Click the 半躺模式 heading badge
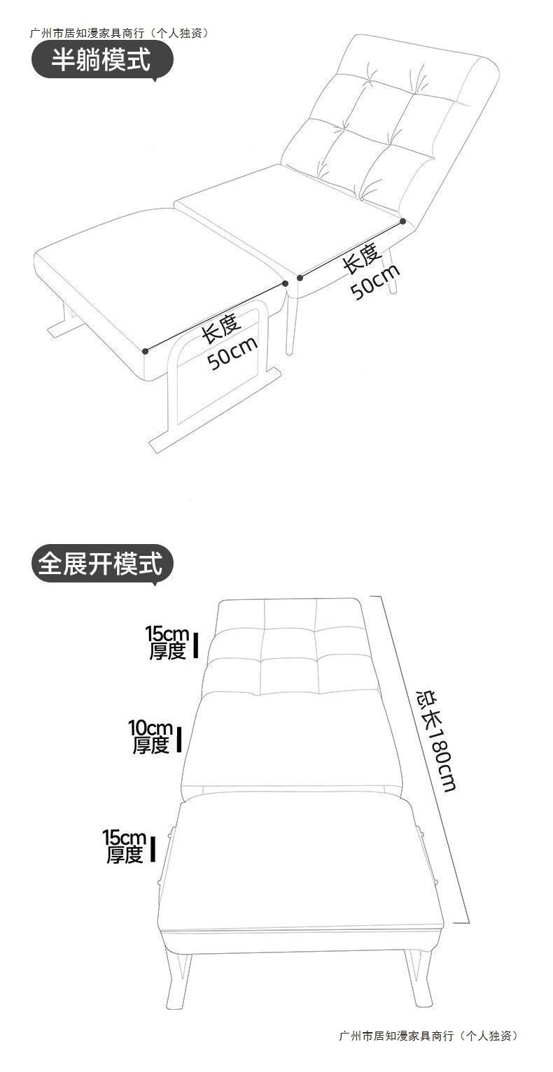pyautogui.click(x=101, y=60)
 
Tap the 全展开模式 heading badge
pyautogui.click(x=102, y=564)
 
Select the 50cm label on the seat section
pyautogui.click(x=375, y=282)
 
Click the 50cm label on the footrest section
pyautogui.click(x=233, y=353)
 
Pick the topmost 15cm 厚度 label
pyautogui.click(x=167, y=643)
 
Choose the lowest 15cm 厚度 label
pyautogui.click(x=125, y=846)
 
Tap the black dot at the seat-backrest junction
pyautogui.click(x=403, y=221)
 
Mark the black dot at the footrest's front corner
pyautogui.click(x=145, y=351)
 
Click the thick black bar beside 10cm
pyautogui.click(x=179, y=739)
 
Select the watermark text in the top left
pyautogui.click(x=119, y=33)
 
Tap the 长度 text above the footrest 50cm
pyautogui.click(x=221, y=328)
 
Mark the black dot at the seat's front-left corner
pyautogui.click(x=300, y=278)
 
